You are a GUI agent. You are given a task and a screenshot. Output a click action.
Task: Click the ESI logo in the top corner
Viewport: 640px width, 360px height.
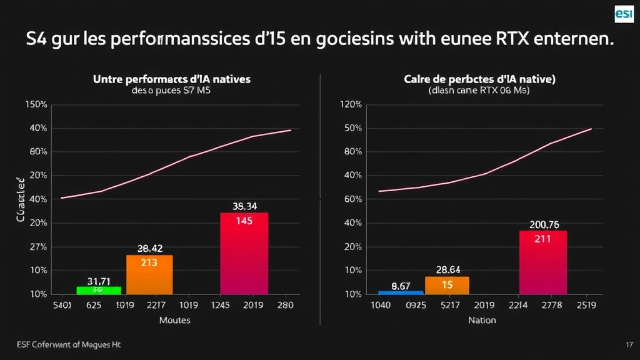624,13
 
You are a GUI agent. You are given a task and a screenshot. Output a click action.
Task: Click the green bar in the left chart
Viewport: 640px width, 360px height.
98,290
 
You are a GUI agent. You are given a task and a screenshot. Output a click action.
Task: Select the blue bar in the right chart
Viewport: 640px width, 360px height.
401,292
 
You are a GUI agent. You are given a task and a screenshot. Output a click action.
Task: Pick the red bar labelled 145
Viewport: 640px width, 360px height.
244,253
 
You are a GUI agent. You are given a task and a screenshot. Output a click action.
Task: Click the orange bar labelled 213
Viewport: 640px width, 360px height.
149,274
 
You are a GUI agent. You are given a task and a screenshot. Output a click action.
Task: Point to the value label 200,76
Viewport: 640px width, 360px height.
544,225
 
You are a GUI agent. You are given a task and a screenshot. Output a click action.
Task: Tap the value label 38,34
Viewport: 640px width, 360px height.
244,206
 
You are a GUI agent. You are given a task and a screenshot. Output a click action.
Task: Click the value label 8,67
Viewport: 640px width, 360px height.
401,286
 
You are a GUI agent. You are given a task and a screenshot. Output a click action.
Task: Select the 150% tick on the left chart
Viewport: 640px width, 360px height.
36,104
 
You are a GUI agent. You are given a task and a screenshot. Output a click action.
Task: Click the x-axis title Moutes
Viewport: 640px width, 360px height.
174,320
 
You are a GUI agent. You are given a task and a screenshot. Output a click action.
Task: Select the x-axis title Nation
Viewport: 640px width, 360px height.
482,320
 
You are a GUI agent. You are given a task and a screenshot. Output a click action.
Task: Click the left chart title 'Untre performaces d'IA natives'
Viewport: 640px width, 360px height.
171,79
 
